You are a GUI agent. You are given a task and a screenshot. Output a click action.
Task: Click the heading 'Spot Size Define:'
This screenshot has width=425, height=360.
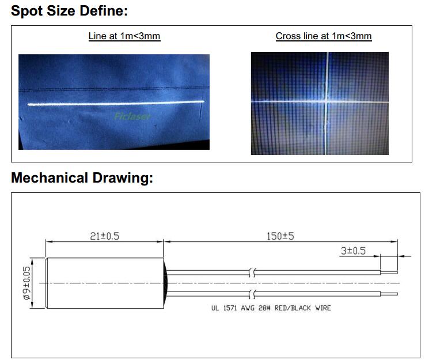click(x=69, y=11)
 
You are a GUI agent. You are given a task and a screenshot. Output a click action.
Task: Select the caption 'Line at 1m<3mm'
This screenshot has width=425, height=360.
click(x=124, y=36)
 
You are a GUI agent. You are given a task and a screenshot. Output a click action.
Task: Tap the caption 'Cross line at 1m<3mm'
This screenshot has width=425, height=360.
click(x=324, y=36)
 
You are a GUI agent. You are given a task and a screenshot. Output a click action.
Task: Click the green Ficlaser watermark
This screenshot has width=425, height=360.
click(x=132, y=116)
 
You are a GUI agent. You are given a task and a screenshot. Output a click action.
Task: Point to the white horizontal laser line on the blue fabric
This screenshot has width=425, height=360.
click(x=116, y=103)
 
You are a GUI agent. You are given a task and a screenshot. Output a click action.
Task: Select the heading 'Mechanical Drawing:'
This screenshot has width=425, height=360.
click(x=82, y=178)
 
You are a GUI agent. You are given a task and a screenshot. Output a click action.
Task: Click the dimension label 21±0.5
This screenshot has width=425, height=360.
click(x=105, y=236)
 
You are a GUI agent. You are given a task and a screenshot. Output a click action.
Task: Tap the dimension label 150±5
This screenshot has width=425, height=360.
click(x=280, y=236)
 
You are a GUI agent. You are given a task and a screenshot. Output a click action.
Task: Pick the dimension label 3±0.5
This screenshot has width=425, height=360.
click(x=353, y=251)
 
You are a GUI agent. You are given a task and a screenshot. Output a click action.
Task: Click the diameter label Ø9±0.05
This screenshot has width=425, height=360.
click(x=27, y=283)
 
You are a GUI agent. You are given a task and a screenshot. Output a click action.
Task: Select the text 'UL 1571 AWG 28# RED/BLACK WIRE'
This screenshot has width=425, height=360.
click(x=271, y=308)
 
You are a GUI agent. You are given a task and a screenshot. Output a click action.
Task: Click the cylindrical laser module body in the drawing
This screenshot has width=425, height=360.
click(x=105, y=283)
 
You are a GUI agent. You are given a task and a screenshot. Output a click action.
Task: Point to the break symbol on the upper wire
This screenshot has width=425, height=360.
click(x=252, y=272)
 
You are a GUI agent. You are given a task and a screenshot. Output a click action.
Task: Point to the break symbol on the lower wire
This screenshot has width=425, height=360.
click(x=252, y=294)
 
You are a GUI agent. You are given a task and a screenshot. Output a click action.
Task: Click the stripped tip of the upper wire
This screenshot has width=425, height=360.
click(x=389, y=272)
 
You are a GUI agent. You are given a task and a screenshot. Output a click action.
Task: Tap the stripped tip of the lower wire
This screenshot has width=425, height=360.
click(x=389, y=294)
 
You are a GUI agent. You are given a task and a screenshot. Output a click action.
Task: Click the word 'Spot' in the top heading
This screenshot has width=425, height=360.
click(x=27, y=11)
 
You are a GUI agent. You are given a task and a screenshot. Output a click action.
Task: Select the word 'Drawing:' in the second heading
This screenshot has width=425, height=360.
click(x=123, y=178)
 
